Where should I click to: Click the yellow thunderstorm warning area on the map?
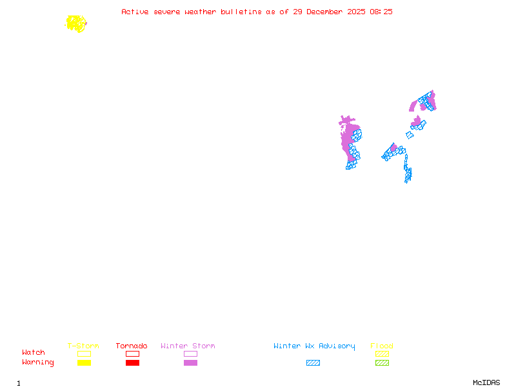coord(76,24)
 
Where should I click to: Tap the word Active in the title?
coord(135,12)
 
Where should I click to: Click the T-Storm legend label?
coord(83,346)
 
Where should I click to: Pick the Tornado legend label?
coord(132,346)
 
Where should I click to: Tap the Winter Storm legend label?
coord(188,346)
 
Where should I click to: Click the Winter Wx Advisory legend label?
coord(314,346)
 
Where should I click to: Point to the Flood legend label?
coord(382,346)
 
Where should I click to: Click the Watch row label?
coord(34,353)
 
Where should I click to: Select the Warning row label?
coord(38,362)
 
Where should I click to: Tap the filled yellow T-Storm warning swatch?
coord(84,363)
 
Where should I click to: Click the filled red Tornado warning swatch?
coord(132,363)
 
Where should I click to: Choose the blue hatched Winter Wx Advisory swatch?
coord(313,363)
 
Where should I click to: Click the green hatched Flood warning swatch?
coord(382,363)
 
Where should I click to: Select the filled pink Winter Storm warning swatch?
coord(190,363)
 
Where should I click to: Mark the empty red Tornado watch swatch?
coord(132,353)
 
